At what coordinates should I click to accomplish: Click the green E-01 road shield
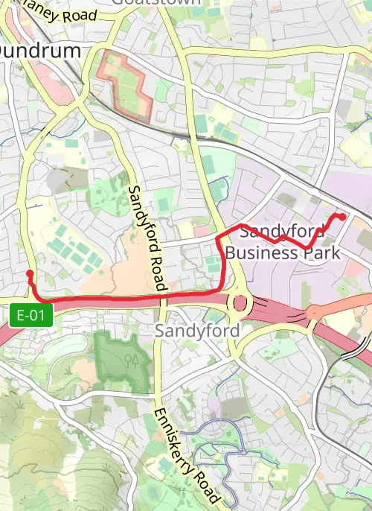coord(31,315)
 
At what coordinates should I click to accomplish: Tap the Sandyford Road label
coord(147,238)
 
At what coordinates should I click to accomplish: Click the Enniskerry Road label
coord(186,454)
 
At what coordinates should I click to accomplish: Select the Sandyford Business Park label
coord(283,242)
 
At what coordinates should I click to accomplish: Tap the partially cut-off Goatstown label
coord(156,2)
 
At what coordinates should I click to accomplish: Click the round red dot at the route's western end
coord(30,274)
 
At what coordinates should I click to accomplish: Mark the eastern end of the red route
coord(343,216)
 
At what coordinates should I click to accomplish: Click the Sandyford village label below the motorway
coord(197,330)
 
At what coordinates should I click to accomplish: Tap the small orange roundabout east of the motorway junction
coord(313,312)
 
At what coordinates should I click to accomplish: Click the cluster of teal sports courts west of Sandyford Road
coord(74,248)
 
